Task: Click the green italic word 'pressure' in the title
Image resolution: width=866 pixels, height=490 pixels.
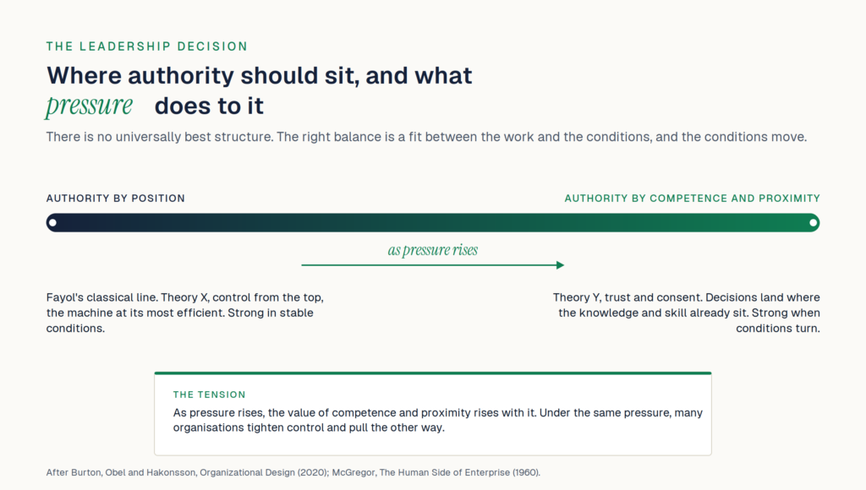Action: [x=89, y=106]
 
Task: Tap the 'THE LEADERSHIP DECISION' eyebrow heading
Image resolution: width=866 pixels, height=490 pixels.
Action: [x=147, y=46]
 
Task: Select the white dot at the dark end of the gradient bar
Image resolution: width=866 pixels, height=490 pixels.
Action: [x=52, y=223]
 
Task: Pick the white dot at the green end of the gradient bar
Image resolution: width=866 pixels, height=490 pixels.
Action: [x=813, y=223]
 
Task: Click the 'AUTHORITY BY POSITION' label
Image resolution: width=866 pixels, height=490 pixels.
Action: [x=115, y=199]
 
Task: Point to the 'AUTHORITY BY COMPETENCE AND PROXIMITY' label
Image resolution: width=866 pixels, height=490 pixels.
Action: [x=692, y=199]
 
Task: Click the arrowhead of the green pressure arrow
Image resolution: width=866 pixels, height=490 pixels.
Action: [x=561, y=265]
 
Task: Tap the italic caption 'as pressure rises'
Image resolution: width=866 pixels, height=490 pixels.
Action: [x=432, y=250]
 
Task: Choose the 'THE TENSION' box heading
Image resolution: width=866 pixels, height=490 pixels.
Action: [x=210, y=395]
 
